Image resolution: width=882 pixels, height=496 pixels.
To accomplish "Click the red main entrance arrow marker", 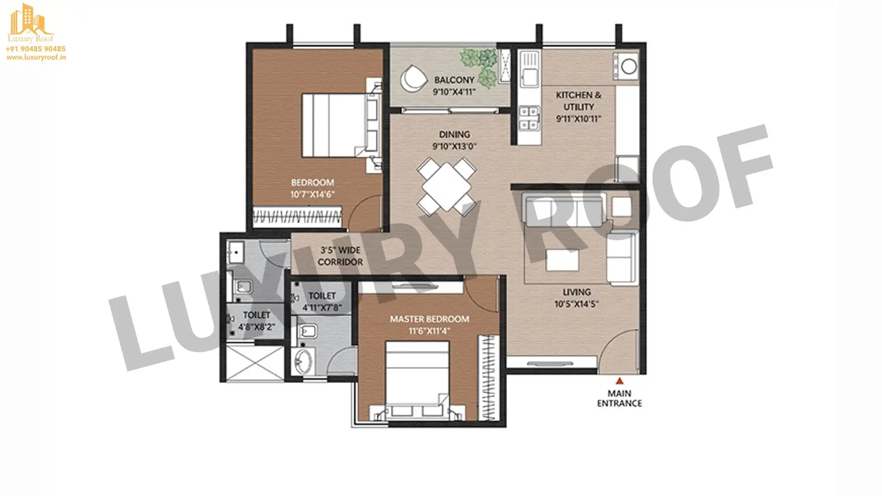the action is (x=619, y=381).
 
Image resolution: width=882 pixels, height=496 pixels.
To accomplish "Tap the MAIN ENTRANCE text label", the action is (x=619, y=398).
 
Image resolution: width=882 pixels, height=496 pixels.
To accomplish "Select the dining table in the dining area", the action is (x=446, y=186).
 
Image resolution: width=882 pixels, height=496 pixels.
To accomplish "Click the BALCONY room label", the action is (x=454, y=80).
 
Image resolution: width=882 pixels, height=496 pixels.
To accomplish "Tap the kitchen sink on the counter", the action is (x=529, y=69).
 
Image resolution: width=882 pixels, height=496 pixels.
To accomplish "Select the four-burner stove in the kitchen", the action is (x=528, y=118).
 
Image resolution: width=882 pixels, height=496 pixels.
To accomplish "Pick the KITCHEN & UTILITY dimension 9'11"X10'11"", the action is (x=578, y=119).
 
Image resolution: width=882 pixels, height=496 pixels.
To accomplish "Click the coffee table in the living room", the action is (x=562, y=260).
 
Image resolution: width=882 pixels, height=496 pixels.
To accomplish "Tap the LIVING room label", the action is (x=577, y=292).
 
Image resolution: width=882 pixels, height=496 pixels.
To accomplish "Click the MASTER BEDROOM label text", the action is (x=430, y=319).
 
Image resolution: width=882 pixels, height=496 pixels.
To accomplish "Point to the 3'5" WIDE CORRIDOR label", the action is (x=340, y=256).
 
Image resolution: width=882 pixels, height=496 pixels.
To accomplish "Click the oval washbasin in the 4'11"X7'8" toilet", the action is (x=303, y=361).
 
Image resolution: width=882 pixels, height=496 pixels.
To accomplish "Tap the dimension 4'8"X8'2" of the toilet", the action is (x=256, y=327).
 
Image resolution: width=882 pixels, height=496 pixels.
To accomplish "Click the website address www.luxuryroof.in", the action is (x=36, y=57).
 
